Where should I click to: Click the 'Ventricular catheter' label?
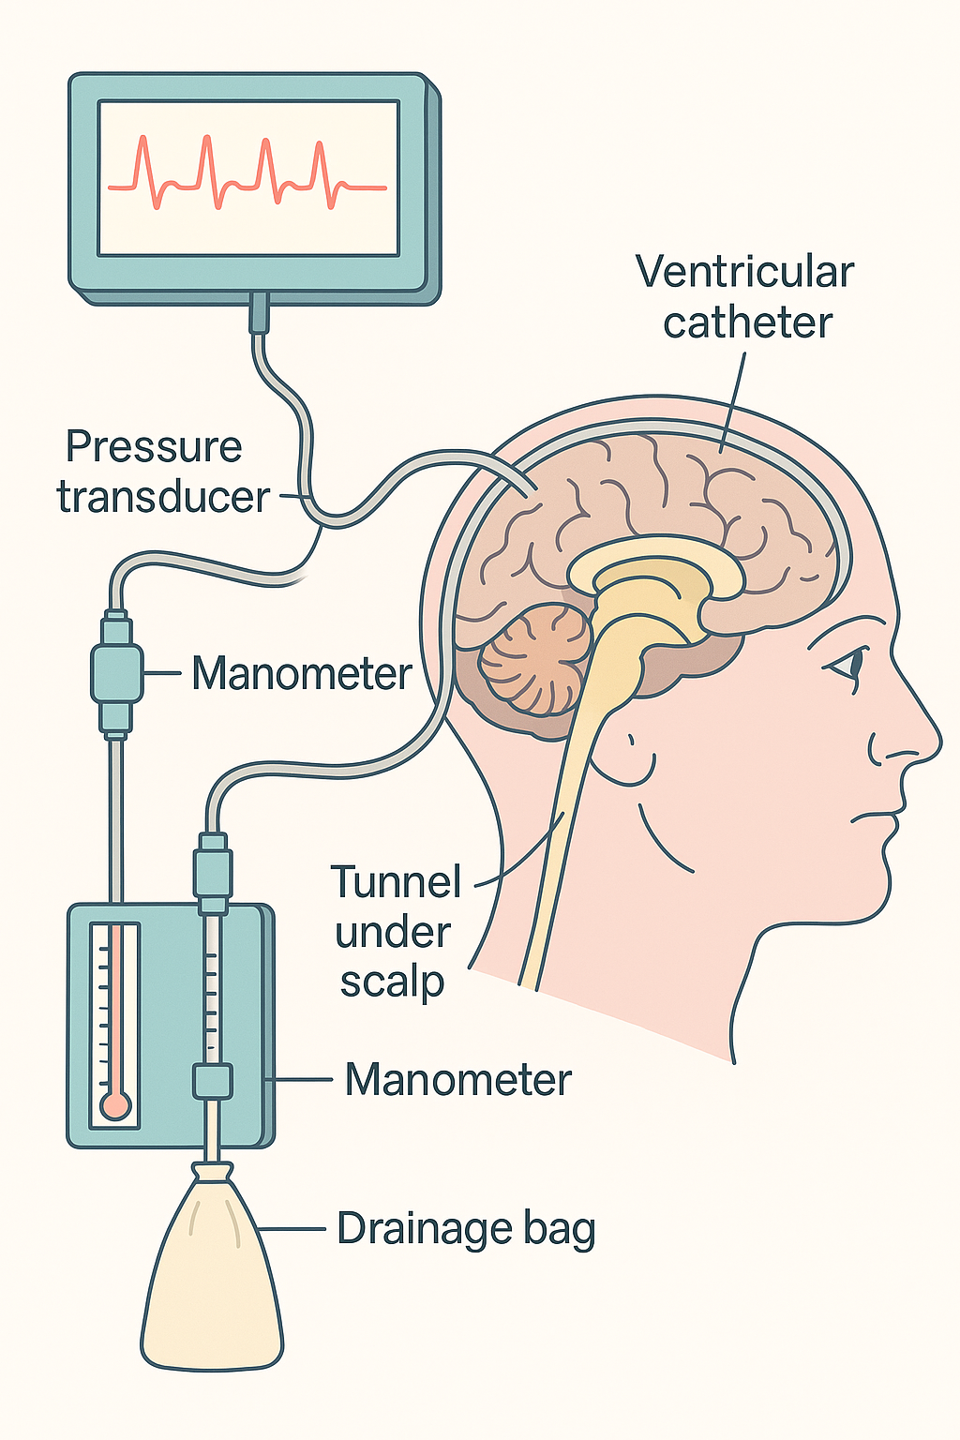coord(745,297)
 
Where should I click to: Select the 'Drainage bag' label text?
coord(466,1229)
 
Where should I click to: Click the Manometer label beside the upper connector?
coord(302,673)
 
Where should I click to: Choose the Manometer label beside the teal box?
coord(457,1079)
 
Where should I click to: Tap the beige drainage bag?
coord(212,1284)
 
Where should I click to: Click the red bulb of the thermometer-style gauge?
coord(115,1107)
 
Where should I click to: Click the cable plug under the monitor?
coord(260,313)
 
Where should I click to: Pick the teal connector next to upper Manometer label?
coord(116,672)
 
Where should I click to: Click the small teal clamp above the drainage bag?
coord(212,1081)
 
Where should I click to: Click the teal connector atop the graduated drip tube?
coord(212,872)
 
